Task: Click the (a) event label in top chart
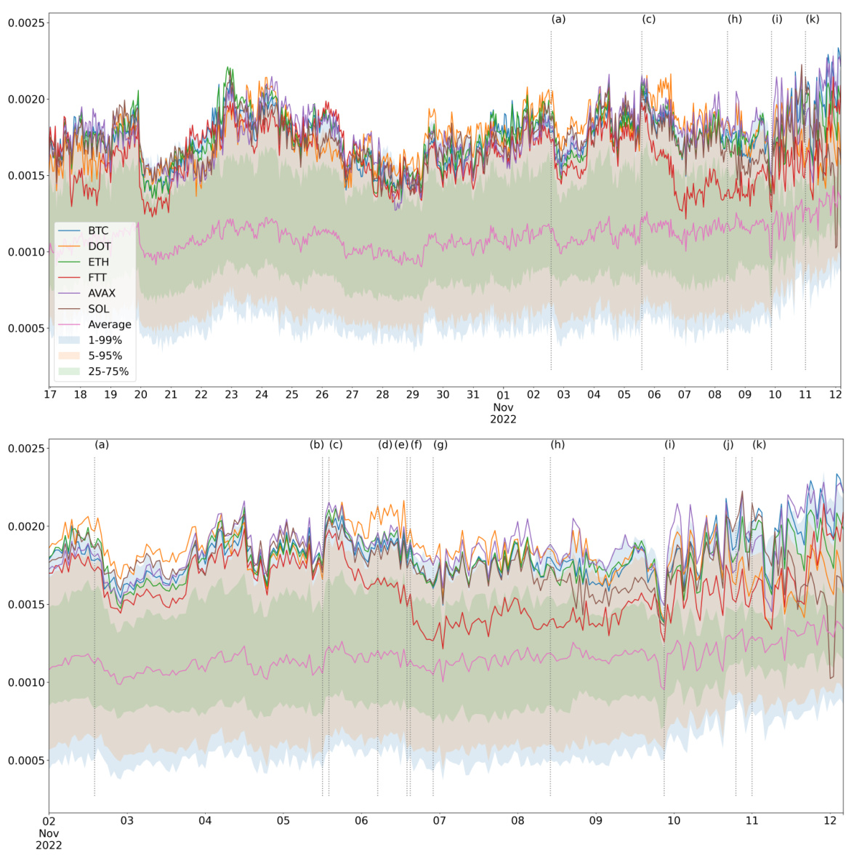[x=558, y=19]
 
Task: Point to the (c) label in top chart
[x=648, y=19]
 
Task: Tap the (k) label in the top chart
[x=812, y=19]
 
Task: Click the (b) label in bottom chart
[x=316, y=444]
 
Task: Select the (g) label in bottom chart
[x=440, y=444]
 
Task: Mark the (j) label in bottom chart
[x=728, y=444]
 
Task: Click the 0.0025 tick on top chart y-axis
[x=27, y=23]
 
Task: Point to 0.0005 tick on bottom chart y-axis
[x=27, y=760]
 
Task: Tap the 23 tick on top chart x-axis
[x=231, y=395]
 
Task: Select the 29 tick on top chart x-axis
[x=413, y=395]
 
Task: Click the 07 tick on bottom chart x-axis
[x=440, y=820]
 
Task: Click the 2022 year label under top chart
[x=503, y=420]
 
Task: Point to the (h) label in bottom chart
[x=557, y=444]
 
